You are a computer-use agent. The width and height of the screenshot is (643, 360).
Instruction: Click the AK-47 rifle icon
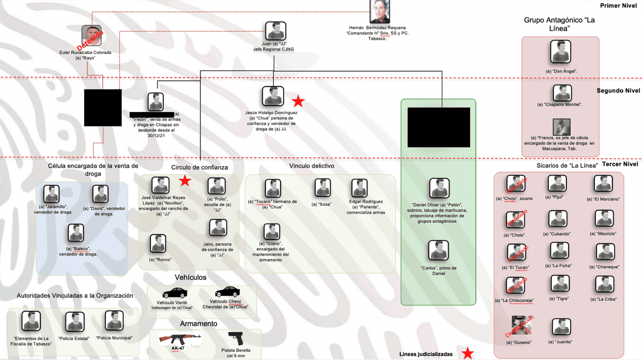180,340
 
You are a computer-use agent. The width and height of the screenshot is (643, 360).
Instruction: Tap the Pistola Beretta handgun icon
235,339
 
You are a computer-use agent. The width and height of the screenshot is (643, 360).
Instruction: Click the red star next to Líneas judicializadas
468,352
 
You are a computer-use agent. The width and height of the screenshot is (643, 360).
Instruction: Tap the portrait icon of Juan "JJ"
275,31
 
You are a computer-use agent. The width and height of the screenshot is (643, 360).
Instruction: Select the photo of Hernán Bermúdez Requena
380,12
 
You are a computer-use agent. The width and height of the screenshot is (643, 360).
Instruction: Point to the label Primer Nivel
619,5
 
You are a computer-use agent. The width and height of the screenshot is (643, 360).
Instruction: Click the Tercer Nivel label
620,164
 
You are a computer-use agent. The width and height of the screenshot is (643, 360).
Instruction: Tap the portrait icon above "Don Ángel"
561,53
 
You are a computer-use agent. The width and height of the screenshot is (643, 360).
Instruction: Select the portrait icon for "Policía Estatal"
75,321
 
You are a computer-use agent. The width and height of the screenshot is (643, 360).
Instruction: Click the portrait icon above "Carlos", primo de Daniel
439,250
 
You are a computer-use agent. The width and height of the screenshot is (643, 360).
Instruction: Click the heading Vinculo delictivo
312,166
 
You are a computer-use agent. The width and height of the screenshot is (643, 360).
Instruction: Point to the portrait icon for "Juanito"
561,327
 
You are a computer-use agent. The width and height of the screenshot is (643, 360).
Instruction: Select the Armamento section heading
199,324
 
